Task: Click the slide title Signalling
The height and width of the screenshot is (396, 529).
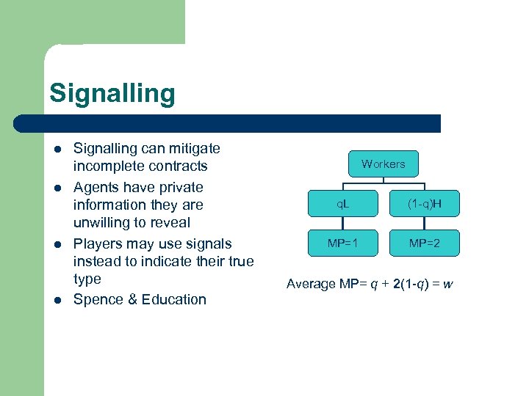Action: [112, 94]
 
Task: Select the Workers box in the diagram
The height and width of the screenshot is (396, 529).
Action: [383, 164]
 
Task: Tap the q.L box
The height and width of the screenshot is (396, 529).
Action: [343, 203]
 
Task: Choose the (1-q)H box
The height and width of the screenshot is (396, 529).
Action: [424, 203]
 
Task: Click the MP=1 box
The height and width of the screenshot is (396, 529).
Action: [343, 243]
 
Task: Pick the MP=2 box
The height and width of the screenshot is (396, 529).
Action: [424, 243]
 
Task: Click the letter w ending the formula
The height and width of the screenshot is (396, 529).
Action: [447, 283]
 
